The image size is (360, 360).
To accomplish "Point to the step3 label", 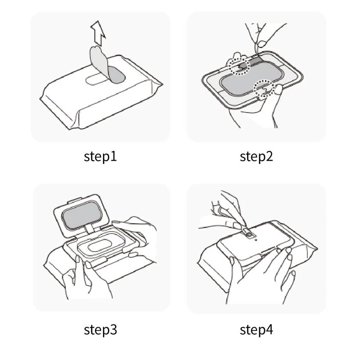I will [100, 329].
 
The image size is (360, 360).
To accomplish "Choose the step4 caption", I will [256, 329].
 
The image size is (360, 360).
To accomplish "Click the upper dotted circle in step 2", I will [239, 65].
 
